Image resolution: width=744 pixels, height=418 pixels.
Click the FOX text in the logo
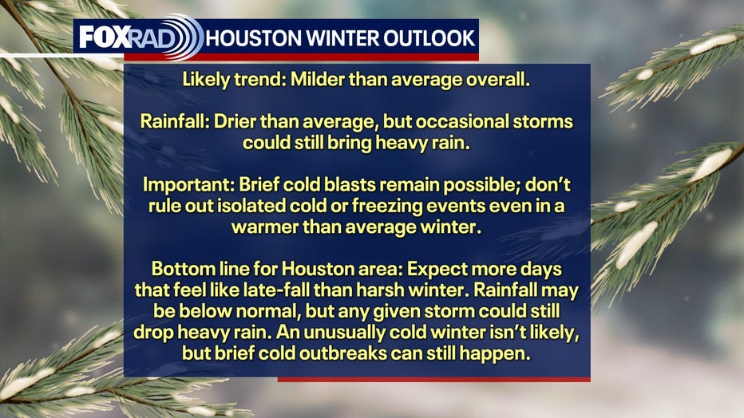pos(105,37)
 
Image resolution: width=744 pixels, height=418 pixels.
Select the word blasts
pos(349,184)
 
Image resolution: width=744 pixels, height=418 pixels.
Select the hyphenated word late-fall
pos(276,290)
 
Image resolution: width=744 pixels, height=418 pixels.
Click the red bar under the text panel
pos(433,379)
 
